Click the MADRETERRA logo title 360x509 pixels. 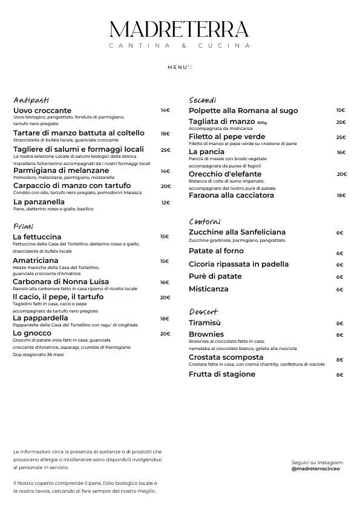pyautogui.click(x=180, y=30)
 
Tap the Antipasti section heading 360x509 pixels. pyautogui.click(x=31, y=100)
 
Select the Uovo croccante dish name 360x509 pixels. pyautogui.click(x=42, y=111)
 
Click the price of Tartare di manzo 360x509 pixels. pyautogui.click(x=165, y=134)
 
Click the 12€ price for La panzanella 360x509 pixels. pyautogui.click(x=166, y=203)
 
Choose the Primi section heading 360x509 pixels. pyautogui.click(x=23, y=226)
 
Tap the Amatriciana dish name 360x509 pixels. pyautogui.click(x=35, y=261)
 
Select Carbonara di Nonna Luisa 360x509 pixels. pyautogui.click(x=61, y=282)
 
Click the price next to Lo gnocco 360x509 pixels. pyautogui.click(x=165, y=334)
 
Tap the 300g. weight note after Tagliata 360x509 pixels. pyautogui.click(x=262, y=123)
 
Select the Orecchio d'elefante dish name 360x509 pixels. pyautogui.click(x=225, y=174)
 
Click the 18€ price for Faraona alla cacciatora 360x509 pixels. pyautogui.click(x=341, y=195)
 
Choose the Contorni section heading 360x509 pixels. pyautogui.click(x=205, y=222)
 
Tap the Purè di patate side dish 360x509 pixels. pyautogui.click(x=215, y=276)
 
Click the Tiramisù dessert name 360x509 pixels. pyautogui.click(x=205, y=323)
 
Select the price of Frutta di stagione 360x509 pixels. pyautogui.click(x=339, y=375)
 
